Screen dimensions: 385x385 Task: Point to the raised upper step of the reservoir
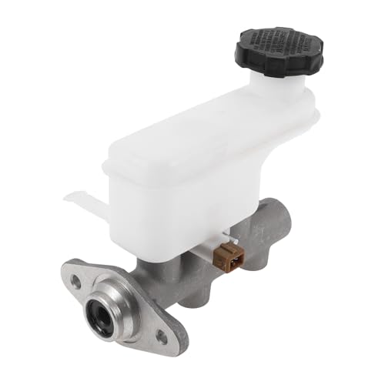tap(231, 115)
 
